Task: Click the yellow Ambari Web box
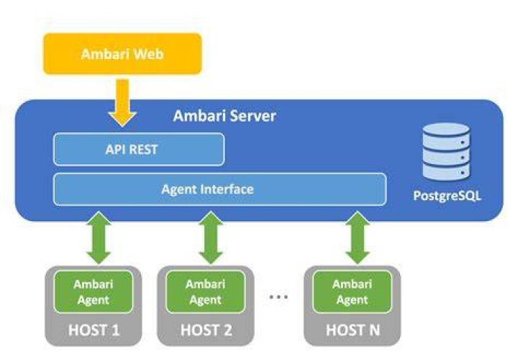[x=122, y=54]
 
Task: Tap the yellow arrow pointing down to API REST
[x=122, y=103]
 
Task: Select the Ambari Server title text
[x=224, y=116]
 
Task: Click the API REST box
[x=139, y=149]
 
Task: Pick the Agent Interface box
[x=219, y=189]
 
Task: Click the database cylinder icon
[x=446, y=151]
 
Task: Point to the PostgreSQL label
[x=447, y=196]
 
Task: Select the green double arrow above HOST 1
[x=99, y=238]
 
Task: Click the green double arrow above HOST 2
[x=211, y=238]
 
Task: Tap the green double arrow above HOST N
[x=358, y=238]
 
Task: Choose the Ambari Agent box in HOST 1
[x=94, y=292]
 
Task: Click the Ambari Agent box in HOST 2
[x=206, y=292]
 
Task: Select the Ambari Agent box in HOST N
[x=352, y=292]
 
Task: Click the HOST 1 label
[x=94, y=330]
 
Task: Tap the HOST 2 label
[x=206, y=330]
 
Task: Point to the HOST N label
[x=353, y=330]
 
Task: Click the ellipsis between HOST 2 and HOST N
[x=278, y=297]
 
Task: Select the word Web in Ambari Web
[x=147, y=54]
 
